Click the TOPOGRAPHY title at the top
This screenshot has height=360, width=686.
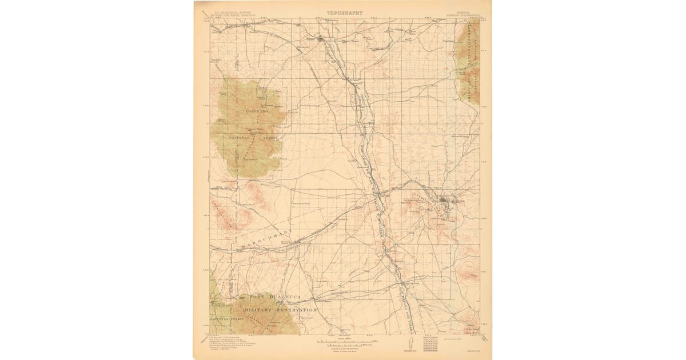point(345,12)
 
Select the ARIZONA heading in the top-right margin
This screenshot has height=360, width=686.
point(461,12)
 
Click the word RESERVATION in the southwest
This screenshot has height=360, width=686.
point(296,309)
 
